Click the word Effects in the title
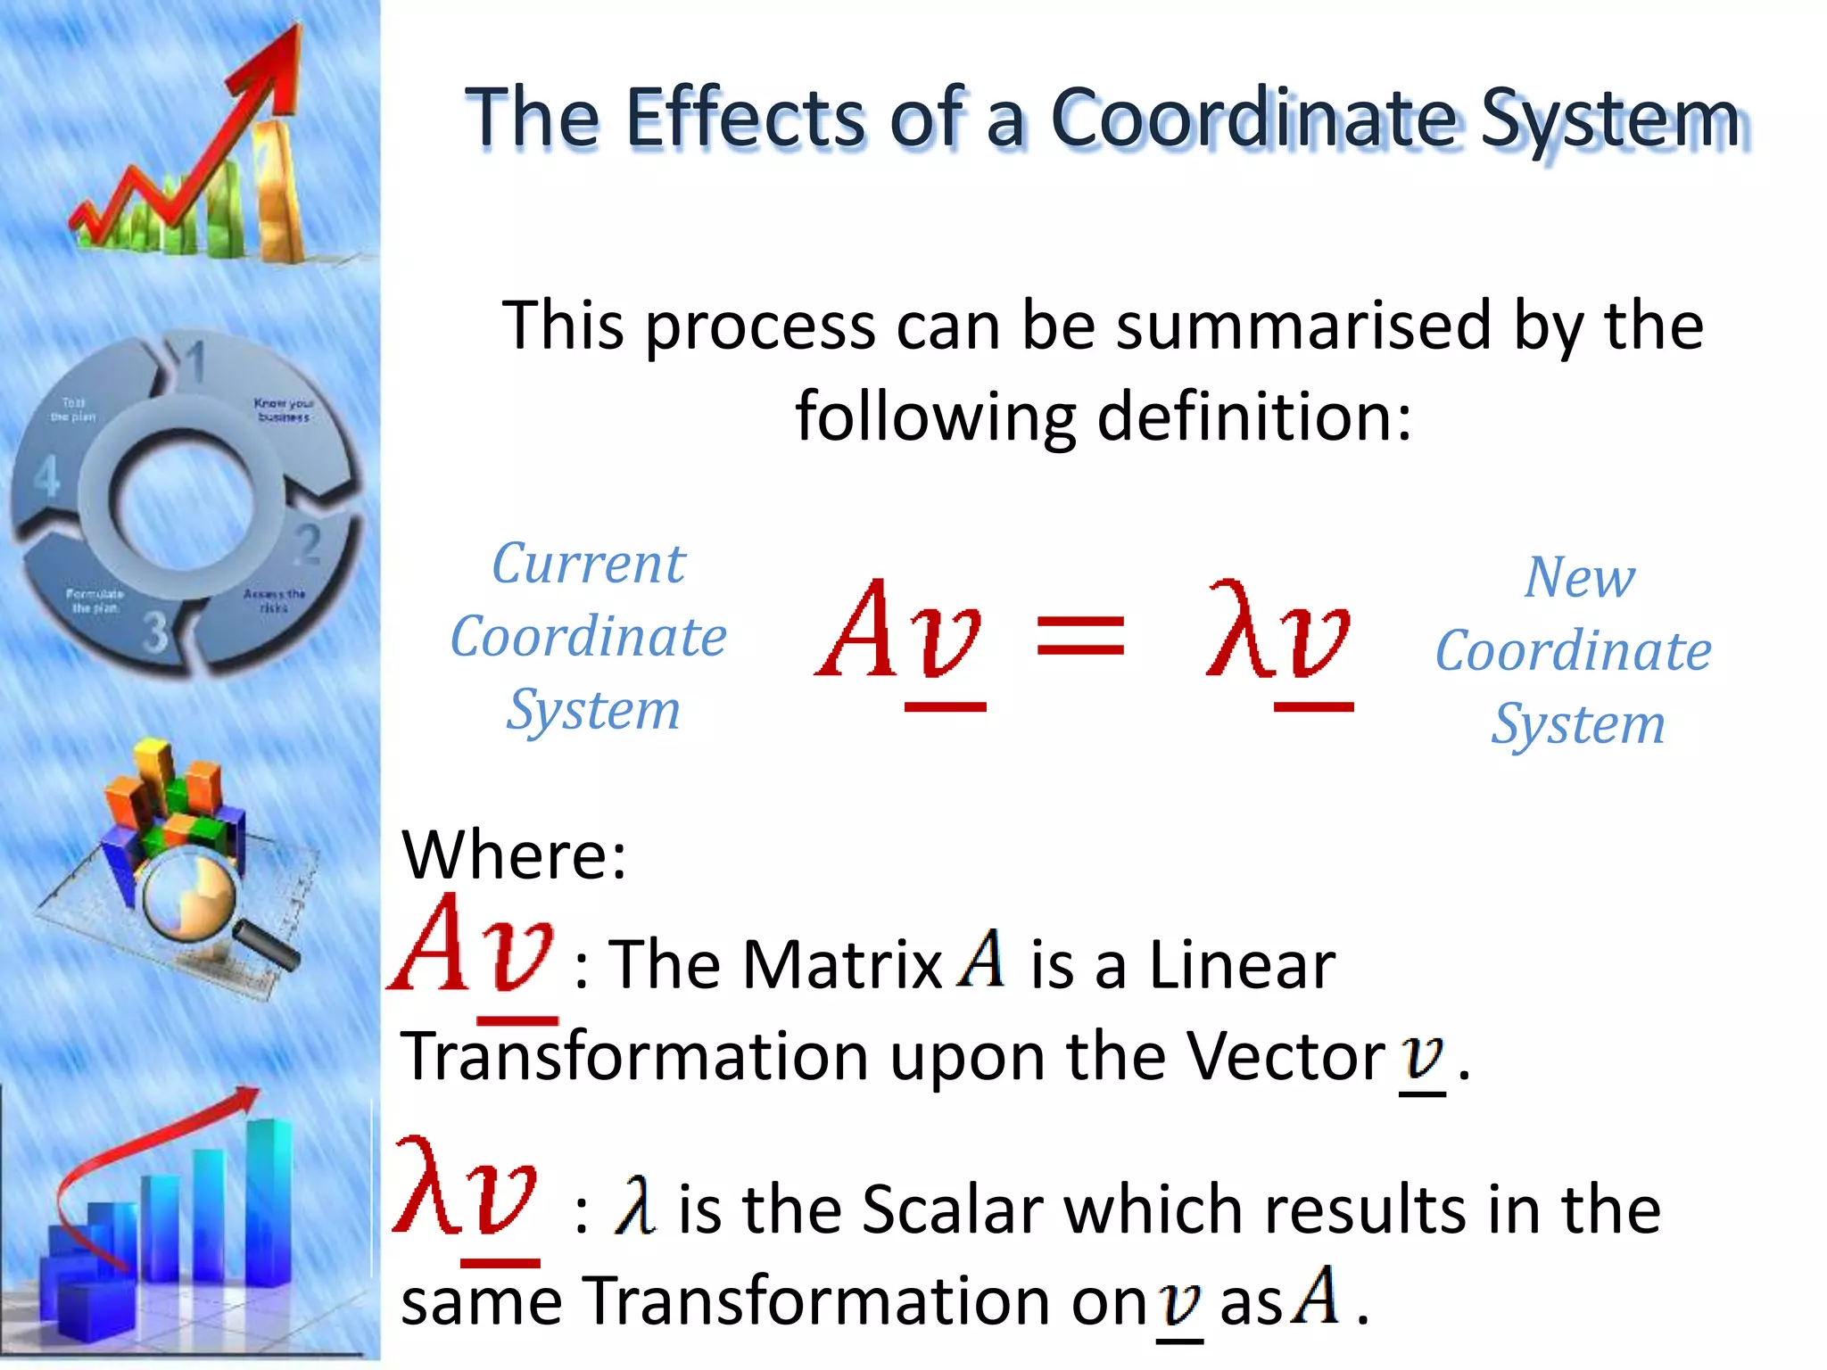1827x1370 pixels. (744, 118)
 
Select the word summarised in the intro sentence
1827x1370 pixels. (1303, 326)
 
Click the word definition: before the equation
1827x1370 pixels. (1254, 417)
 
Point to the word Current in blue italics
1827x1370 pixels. (589, 564)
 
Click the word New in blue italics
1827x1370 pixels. (1579, 578)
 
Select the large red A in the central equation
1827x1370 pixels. (861, 630)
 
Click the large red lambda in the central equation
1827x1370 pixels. (1238, 630)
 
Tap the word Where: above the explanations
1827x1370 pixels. (514, 854)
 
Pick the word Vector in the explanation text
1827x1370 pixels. (1286, 1056)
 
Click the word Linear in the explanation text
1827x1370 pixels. (1242, 965)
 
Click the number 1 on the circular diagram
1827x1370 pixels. (194, 361)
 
